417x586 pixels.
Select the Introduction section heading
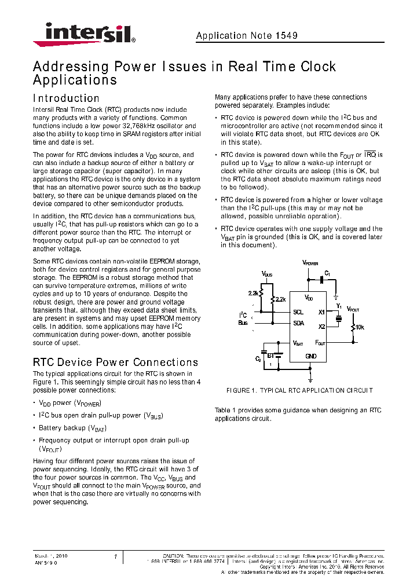click(66, 98)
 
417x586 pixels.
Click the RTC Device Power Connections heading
click(115, 362)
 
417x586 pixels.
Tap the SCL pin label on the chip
click(298, 312)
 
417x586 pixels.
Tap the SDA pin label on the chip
click(298, 323)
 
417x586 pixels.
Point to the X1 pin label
click(321, 312)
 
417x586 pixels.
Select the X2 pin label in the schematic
click(321, 327)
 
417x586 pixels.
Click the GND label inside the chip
click(311, 356)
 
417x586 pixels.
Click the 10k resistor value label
click(360, 327)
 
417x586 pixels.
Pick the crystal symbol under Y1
click(339, 318)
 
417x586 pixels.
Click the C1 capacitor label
click(327, 273)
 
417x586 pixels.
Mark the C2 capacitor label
click(258, 359)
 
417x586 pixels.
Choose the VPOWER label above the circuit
click(310, 262)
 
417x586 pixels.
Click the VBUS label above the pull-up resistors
click(266, 273)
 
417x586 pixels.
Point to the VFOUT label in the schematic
click(353, 310)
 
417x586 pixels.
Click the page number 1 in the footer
click(116, 557)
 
